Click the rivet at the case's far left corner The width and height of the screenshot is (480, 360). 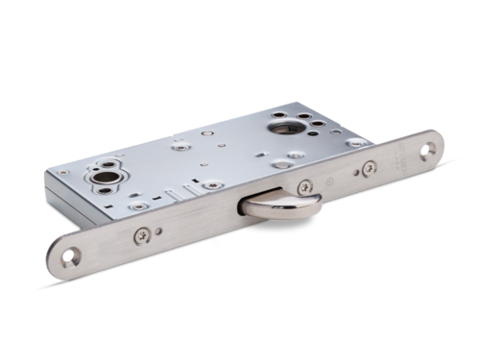click(63, 173)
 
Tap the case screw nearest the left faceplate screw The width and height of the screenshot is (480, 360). click(141, 205)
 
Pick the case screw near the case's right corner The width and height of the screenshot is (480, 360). click(356, 142)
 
